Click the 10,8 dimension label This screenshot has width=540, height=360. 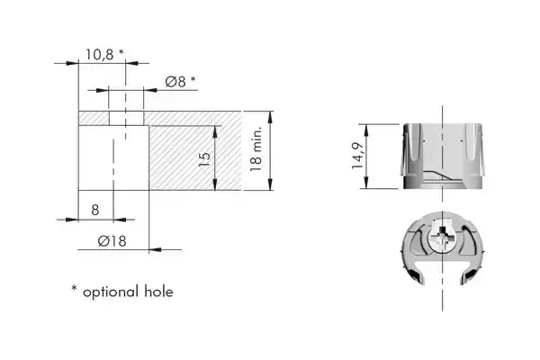[99, 55]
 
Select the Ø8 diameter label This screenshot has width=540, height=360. [175, 82]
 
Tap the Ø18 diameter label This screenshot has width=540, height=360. [112, 241]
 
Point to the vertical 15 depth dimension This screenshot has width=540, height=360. [204, 159]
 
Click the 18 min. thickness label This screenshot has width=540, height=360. [256, 148]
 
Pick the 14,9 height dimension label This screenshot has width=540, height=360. [358, 156]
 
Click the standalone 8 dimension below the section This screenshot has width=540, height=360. [95, 210]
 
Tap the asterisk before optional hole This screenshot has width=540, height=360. [74, 288]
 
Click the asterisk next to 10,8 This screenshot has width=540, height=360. [121, 52]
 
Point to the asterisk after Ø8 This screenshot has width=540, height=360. [193, 79]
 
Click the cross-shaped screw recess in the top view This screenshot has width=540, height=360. [442, 237]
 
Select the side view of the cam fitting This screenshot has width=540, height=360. [443, 156]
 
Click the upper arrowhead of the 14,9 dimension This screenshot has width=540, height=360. [366, 130]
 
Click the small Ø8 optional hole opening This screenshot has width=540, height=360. [126, 118]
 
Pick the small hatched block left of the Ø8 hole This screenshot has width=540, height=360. [94, 118]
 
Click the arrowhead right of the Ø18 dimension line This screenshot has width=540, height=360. [156, 249]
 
